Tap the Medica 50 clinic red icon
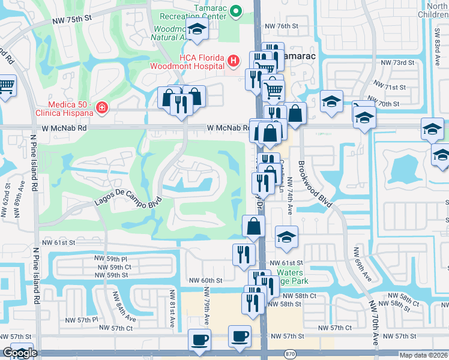103,107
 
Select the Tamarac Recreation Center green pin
236,10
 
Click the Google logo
19,353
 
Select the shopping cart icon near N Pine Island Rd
6,87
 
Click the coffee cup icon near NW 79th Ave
199,340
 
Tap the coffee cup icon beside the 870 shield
240,337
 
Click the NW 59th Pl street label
112,259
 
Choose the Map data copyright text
424,355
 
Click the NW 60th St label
206,280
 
